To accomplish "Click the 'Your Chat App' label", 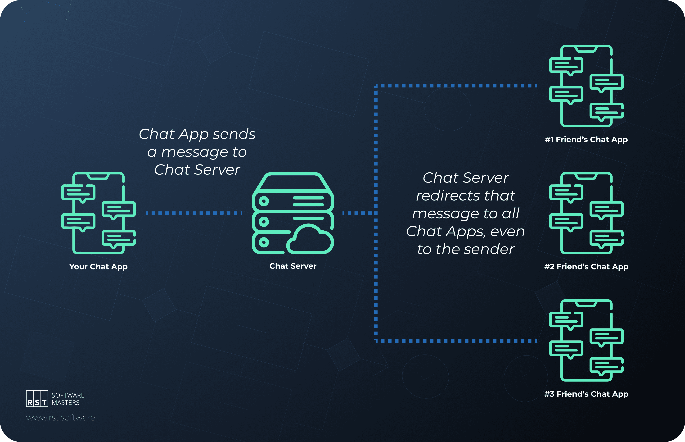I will tap(98, 267).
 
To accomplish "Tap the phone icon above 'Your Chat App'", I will tap(98, 213).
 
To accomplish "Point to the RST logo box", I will tap(37, 398).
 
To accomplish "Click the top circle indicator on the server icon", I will tap(264, 201).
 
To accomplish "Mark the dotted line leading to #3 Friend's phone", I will tap(456, 341).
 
